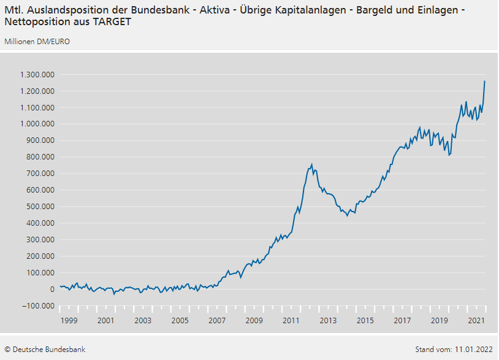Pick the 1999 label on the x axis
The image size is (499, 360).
[69, 321]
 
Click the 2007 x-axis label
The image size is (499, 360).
[217, 321]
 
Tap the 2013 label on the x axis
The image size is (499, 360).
[328, 321]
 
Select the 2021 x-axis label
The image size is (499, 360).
[476, 321]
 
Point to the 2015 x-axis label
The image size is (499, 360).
[365, 321]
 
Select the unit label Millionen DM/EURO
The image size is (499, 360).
[37, 41]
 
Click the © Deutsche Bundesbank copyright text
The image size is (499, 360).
[45, 350]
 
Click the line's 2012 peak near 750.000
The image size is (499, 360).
[311, 164]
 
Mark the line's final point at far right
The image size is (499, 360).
[485, 81]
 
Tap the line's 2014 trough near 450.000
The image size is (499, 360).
[347, 216]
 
